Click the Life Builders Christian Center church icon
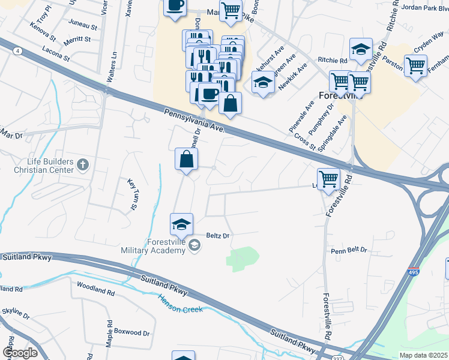83,163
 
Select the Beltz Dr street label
218,236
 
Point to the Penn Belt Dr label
348,249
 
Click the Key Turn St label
132,194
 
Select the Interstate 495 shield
413,273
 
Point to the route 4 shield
19,52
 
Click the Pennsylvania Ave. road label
194,120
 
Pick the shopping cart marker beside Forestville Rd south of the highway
328,178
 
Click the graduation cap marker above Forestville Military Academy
181,224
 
